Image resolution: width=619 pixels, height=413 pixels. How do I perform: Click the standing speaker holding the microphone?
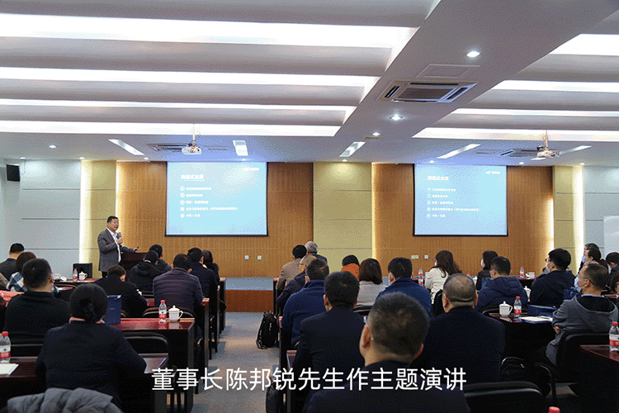tap(110, 245)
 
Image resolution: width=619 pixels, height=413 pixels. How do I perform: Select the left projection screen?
tap(216, 197)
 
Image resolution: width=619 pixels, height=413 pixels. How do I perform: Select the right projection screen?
tap(461, 199)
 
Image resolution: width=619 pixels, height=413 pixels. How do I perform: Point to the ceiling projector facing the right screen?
tap(546, 151)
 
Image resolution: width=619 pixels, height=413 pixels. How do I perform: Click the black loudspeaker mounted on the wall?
tap(12, 173)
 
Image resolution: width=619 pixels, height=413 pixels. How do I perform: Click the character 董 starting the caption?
tap(162, 379)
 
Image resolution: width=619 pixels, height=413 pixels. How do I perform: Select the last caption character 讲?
tap(456, 379)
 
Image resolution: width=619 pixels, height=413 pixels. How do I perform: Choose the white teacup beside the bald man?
tap(505, 309)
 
